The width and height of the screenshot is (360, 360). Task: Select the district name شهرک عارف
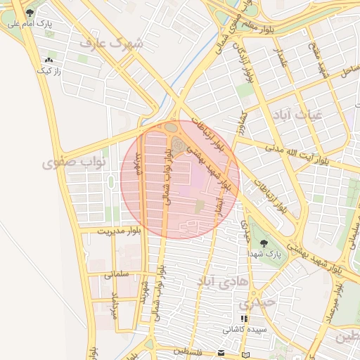point(111,44)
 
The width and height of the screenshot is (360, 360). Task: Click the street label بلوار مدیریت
point(119,231)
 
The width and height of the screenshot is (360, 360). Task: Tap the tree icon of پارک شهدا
point(264,242)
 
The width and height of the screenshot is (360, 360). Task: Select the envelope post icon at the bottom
point(221,352)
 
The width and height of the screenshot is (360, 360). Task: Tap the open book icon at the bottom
point(245,354)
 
